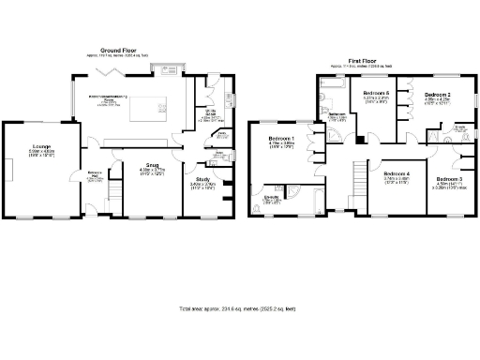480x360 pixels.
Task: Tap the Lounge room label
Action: pyautogui.click(x=41, y=149)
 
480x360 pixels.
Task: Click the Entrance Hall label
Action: pyautogui.click(x=96, y=175)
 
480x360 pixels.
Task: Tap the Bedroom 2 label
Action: pyautogui.click(x=437, y=97)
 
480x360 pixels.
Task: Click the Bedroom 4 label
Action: pyautogui.click(x=397, y=175)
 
